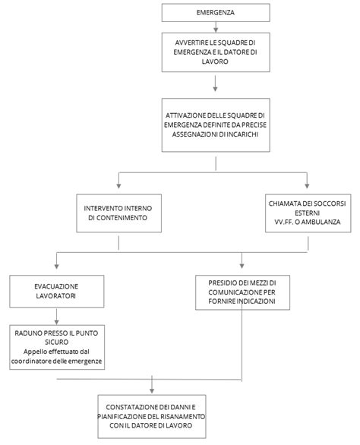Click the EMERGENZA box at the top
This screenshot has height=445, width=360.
(215, 13)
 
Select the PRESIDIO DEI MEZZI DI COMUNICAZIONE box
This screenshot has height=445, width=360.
(242, 291)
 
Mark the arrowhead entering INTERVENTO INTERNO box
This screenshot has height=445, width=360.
(118, 185)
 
